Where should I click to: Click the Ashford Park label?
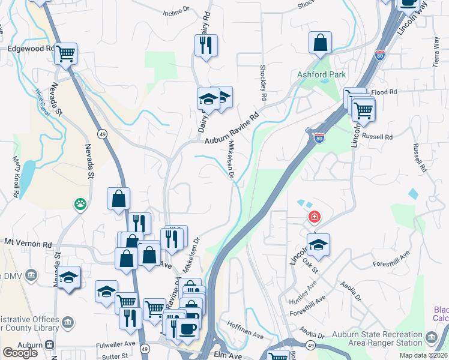(x=321, y=74)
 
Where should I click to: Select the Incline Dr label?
(x=176, y=11)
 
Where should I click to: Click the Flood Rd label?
(x=385, y=92)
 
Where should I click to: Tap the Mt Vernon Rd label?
(x=28, y=244)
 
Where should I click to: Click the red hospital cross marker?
(x=313, y=217)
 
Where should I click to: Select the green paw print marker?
(x=80, y=205)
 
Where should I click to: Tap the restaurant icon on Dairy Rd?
(x=205, y=45)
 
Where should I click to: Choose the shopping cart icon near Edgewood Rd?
(x=65, y=53)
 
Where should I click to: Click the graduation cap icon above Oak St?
(x=318, y=244)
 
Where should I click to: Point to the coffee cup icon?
(x=187, y=329)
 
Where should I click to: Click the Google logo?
(x=20, y=353)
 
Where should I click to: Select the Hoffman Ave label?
(x=246, y=328)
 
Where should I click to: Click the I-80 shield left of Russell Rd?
(x=318, y=137)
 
